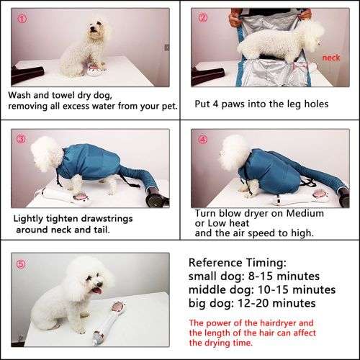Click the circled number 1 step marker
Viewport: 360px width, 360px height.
(x=19, y=17)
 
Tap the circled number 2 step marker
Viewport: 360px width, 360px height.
(x=203, y=17)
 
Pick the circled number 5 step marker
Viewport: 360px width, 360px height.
(x=19, y=263)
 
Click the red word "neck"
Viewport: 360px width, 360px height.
(x=331, y=57)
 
